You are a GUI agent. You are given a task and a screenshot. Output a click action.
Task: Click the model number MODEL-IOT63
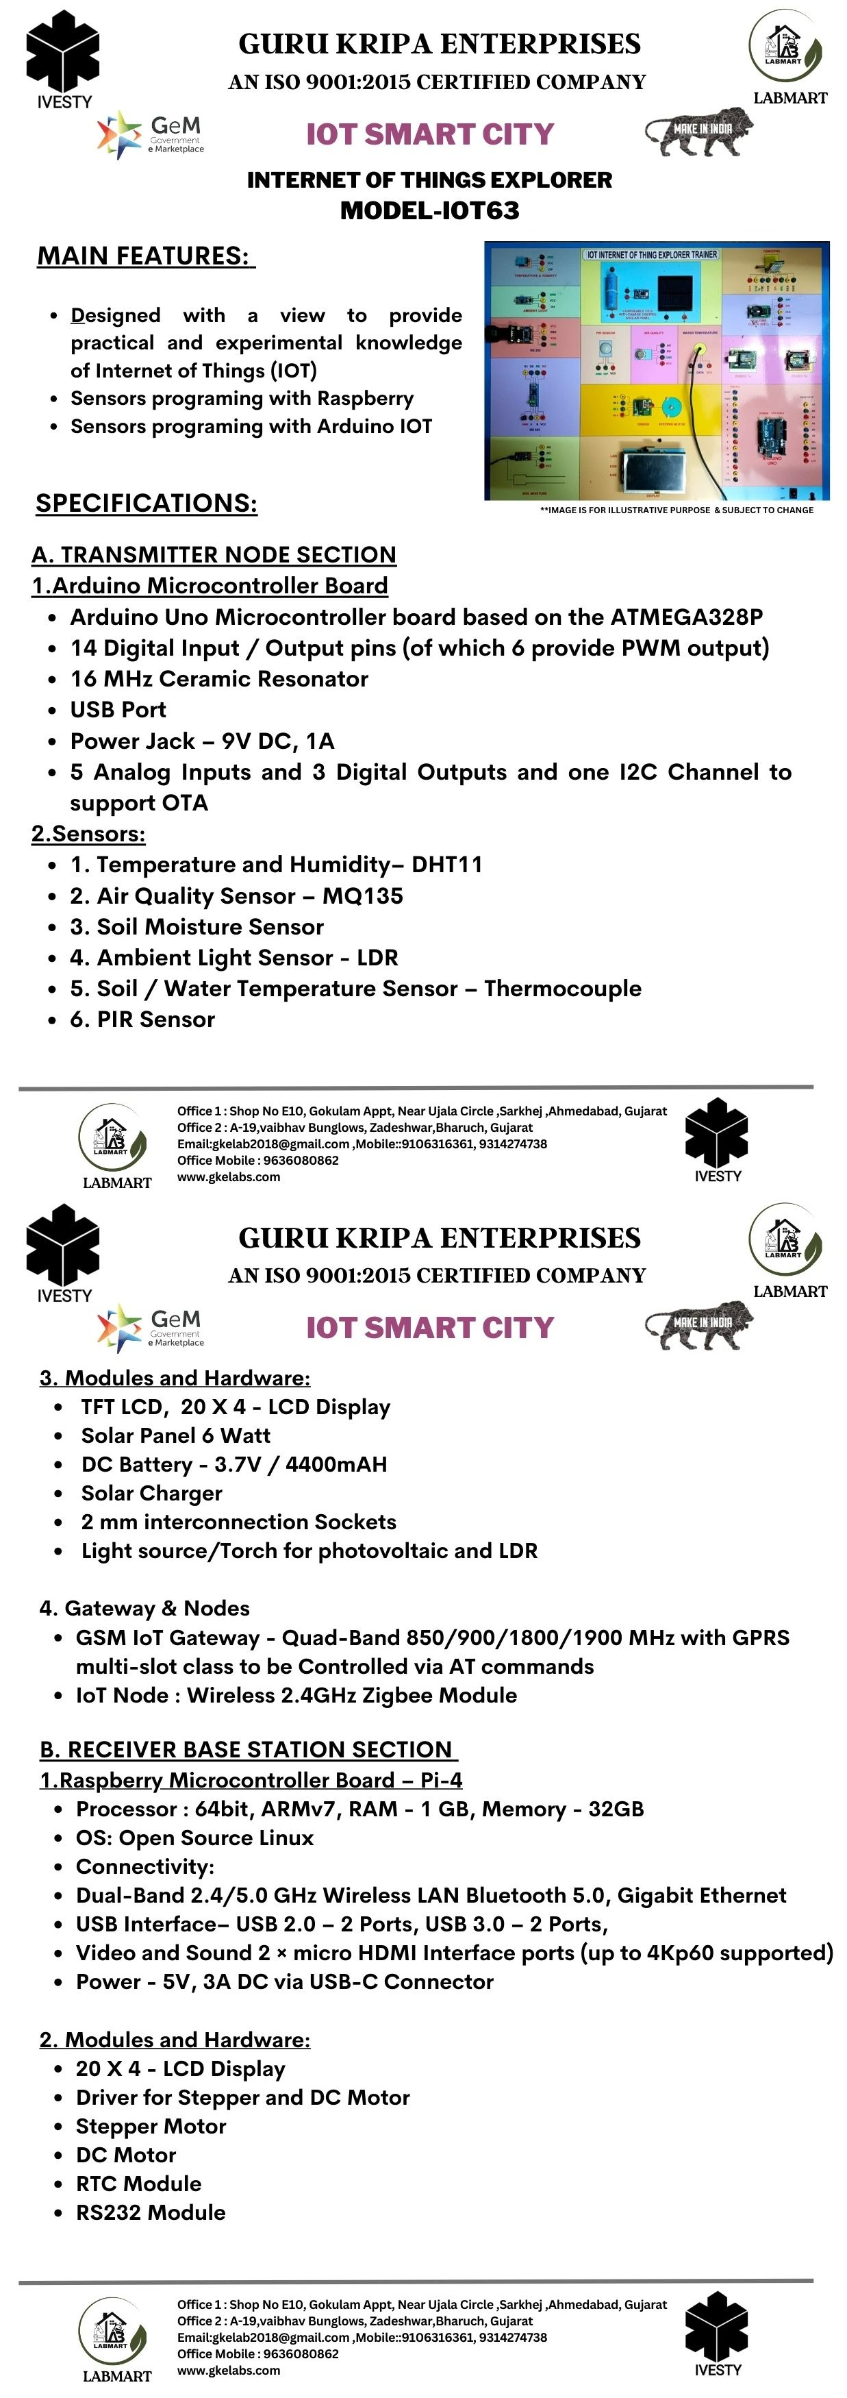coord(429,210)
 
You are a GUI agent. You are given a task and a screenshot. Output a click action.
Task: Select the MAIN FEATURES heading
coord(145,256)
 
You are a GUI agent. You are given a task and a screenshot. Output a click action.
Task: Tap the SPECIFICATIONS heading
coord(146,503)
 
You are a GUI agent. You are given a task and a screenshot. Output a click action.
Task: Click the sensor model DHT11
coord(446,865)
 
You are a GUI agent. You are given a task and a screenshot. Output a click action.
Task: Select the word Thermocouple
coord(562,989)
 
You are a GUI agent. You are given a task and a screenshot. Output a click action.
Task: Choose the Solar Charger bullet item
coord(152,1493)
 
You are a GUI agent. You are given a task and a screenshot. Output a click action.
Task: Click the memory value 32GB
coord(616,1809)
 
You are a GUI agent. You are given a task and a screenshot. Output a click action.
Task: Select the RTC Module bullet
coord(139,2184)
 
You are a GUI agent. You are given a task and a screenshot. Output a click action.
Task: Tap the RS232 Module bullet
coord(151,2213)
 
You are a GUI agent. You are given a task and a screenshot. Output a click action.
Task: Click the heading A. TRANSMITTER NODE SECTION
coord(214,555)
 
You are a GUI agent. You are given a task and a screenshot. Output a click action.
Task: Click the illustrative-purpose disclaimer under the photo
coord(676,510)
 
